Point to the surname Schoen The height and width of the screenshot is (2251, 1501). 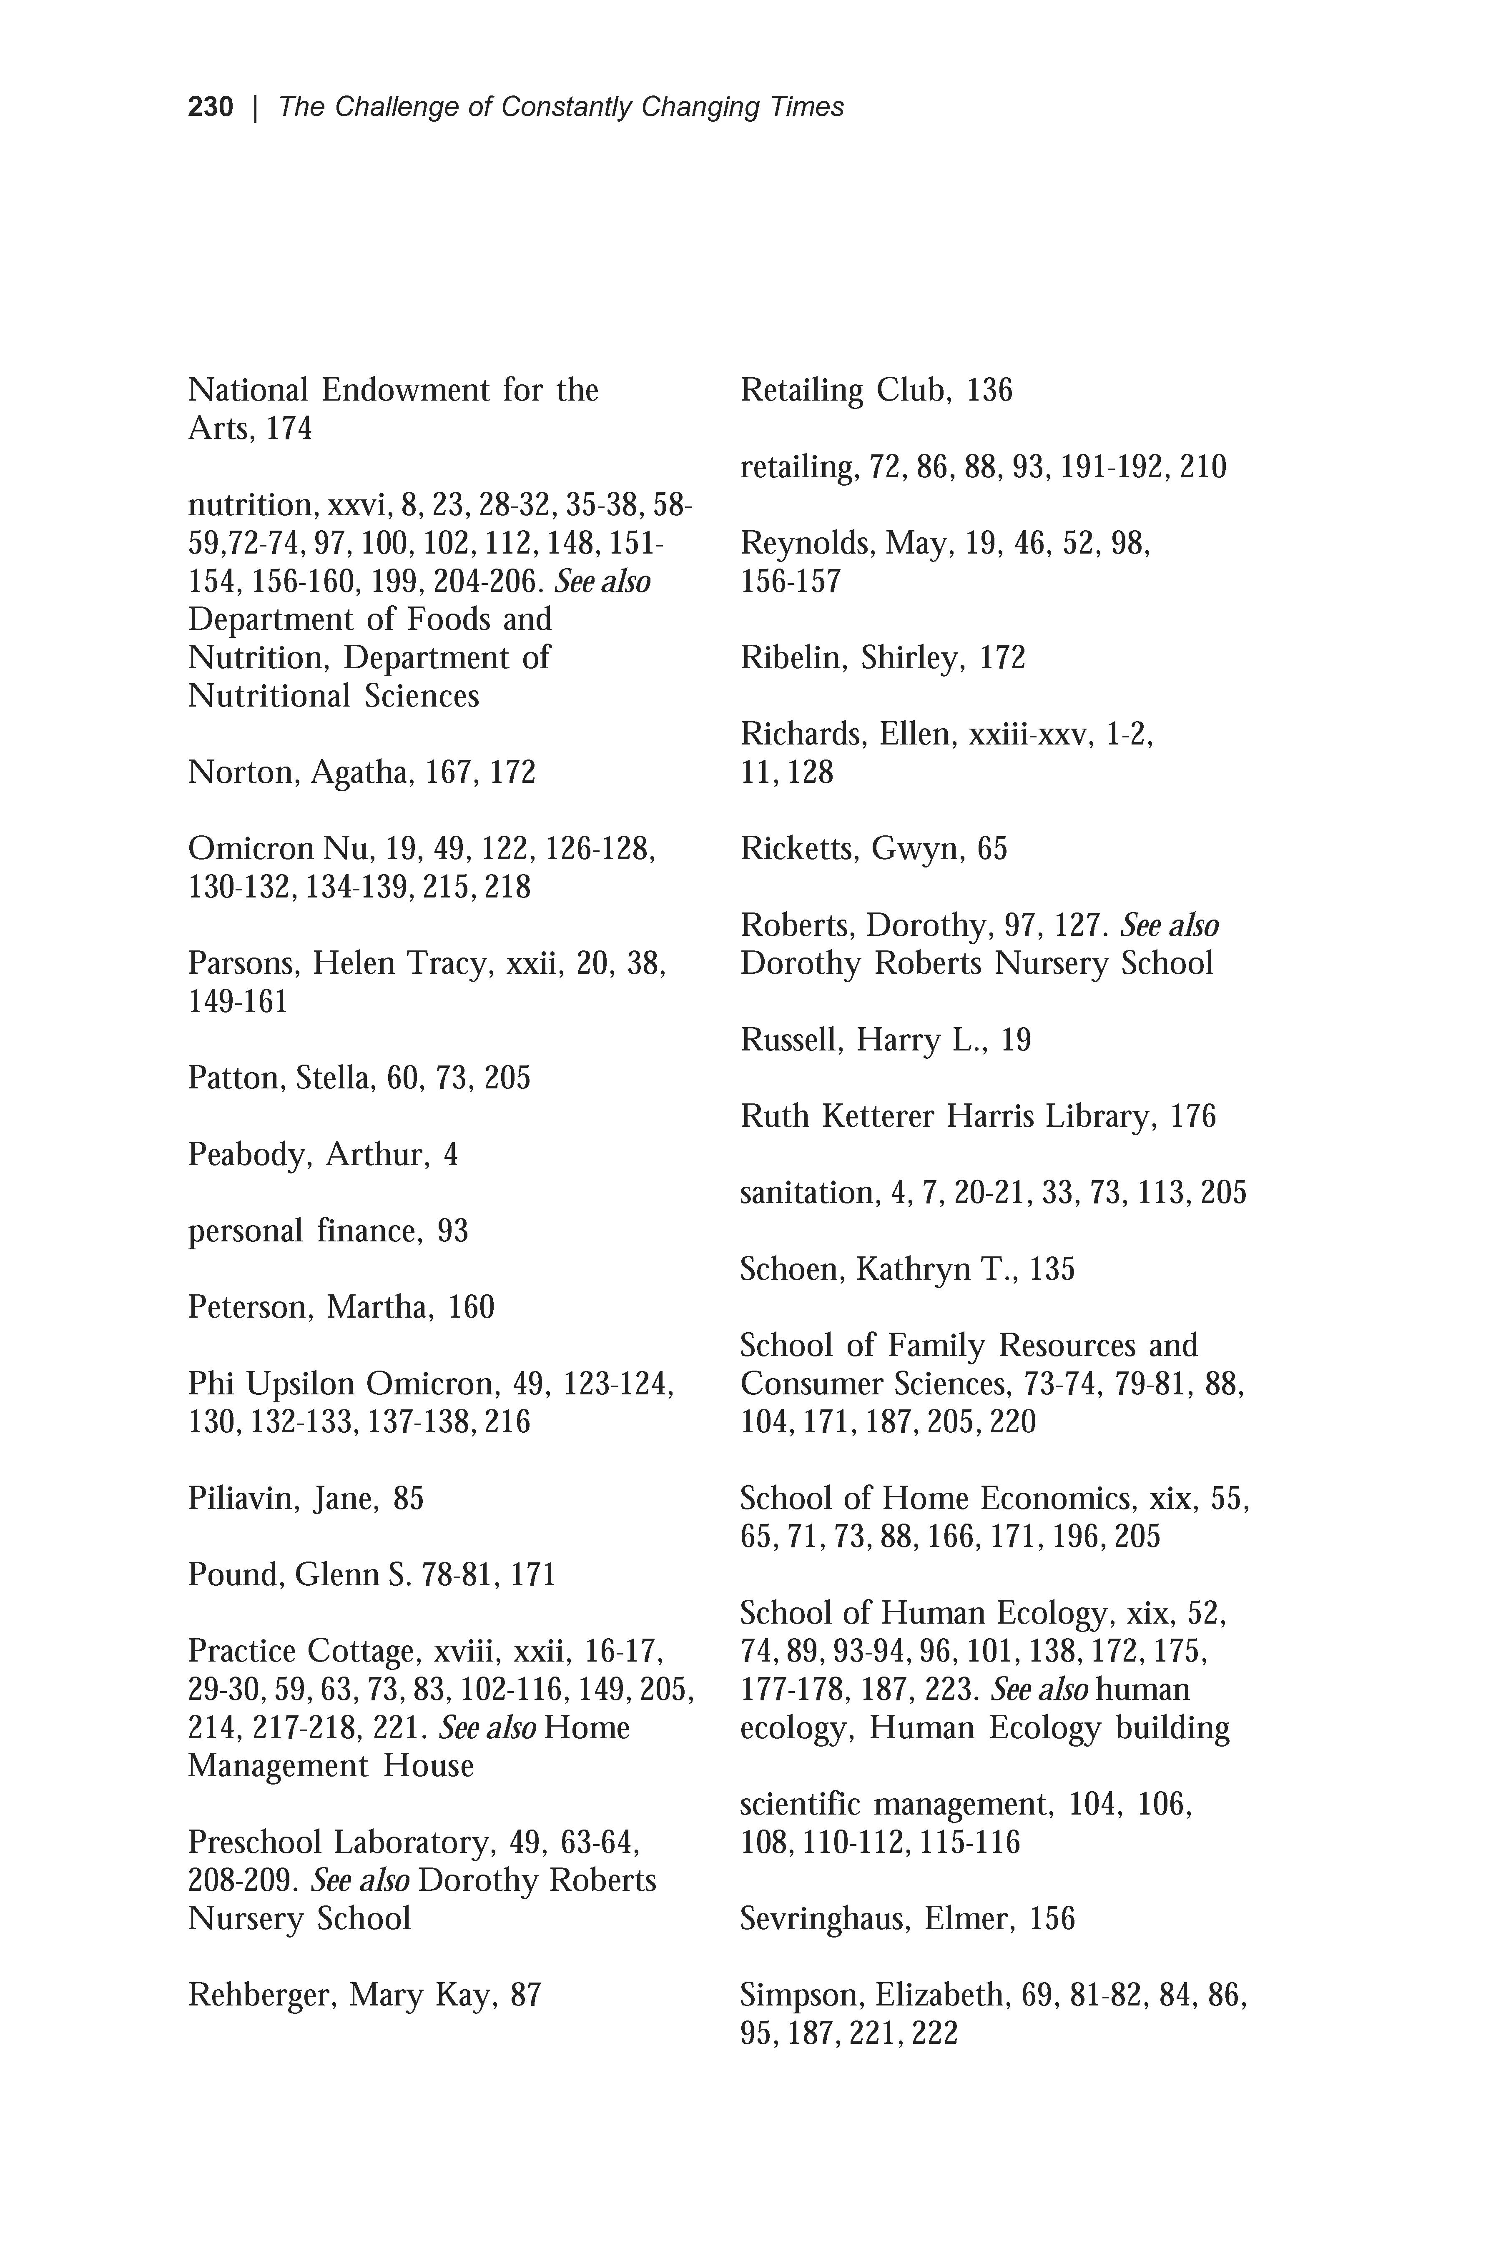point(791,1270)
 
